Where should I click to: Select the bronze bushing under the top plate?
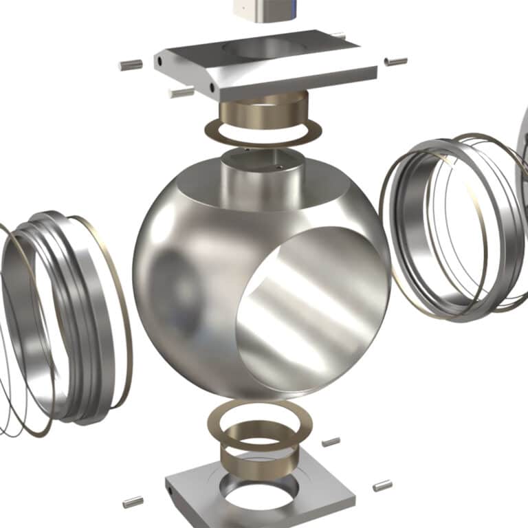pyautogui.click(x=262, y=110)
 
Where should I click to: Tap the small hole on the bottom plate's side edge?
pyautogui.click(x=169, y=490)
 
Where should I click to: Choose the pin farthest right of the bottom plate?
pyautogui.click(x=382, y=485)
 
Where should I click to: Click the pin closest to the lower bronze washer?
pyautogui.click(x=331, y=441)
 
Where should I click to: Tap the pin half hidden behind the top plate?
pyautogui.click(x=339, y=34)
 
